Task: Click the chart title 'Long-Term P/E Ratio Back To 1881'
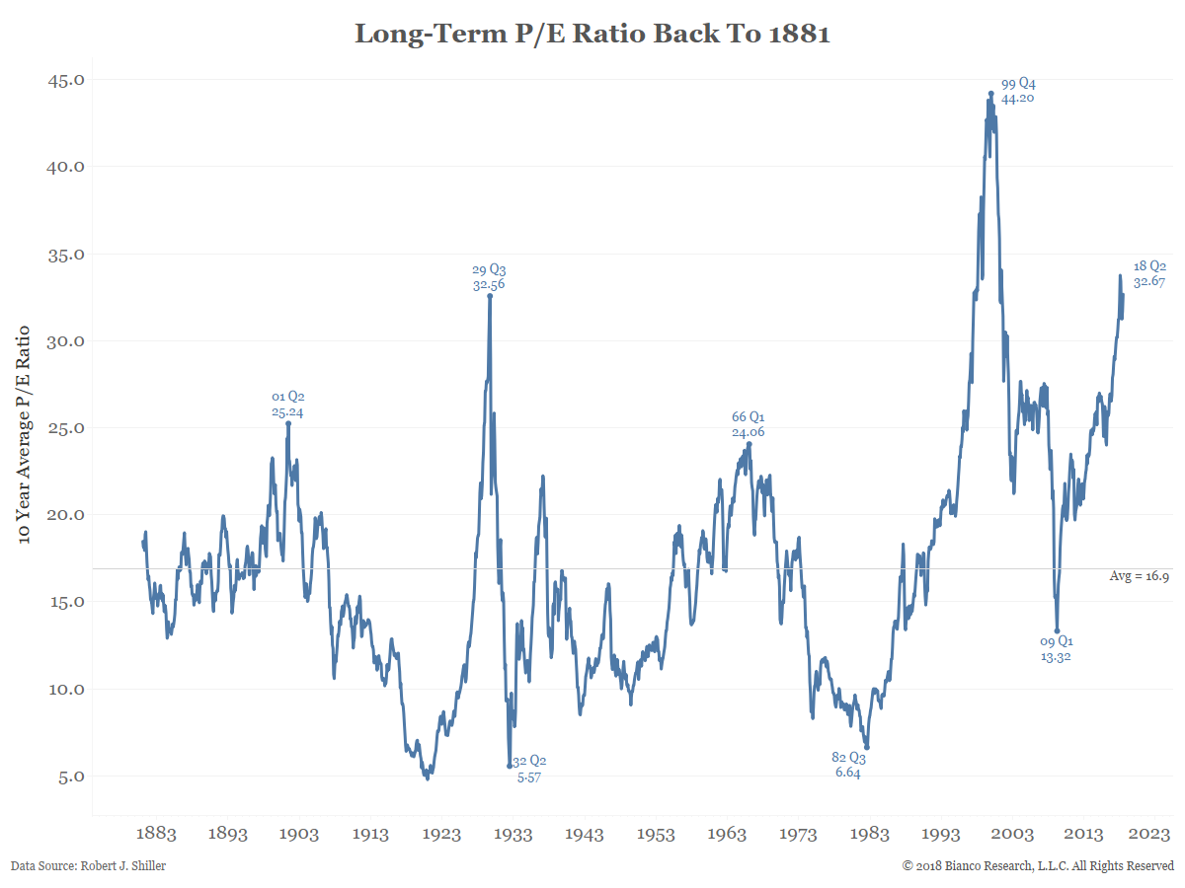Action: click(592, 35)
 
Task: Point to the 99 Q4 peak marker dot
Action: click(990, 94)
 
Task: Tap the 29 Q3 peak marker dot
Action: click(490, 295)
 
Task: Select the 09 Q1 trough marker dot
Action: click(1057, 631)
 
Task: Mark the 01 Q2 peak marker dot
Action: click(288, 423)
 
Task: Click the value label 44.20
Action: click(1018, 99)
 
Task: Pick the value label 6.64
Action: click(848, 774)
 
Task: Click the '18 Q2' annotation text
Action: click(1150, 266)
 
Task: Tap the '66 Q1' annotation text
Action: click(748, 417)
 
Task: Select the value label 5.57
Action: click(529, 777)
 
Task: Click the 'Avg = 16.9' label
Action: click(1140, 576)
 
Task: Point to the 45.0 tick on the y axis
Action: click(66, 80)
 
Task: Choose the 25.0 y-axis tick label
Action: click(66, 428)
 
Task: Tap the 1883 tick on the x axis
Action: click(157, 834)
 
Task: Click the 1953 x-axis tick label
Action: click(656, 834)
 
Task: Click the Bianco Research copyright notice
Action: click(1038, 866)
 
